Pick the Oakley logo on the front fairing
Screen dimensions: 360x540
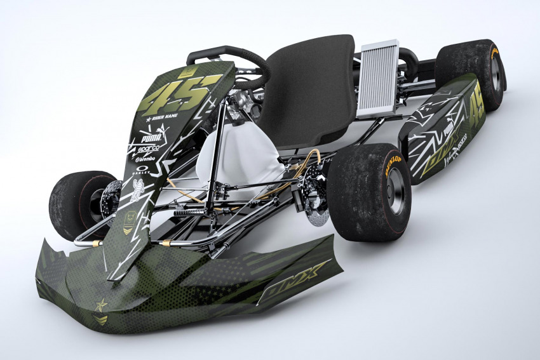point(143,170)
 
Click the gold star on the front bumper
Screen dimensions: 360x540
point(101,306)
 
